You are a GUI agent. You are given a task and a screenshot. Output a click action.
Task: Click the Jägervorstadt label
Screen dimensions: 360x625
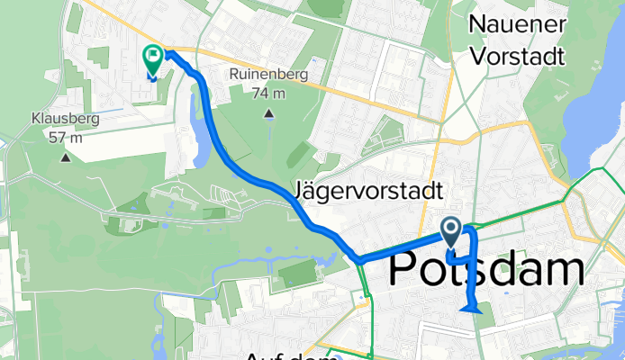pos(368,192)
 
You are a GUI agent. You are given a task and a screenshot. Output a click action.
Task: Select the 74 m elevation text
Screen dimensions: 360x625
pos(269,93)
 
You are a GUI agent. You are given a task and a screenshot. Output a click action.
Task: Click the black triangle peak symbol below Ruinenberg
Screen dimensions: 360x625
pos(269,113)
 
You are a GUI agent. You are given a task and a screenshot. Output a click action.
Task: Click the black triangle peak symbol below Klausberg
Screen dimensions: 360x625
pos(65,158)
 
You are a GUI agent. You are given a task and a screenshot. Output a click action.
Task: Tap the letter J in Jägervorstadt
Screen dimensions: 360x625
pos(301,192)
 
